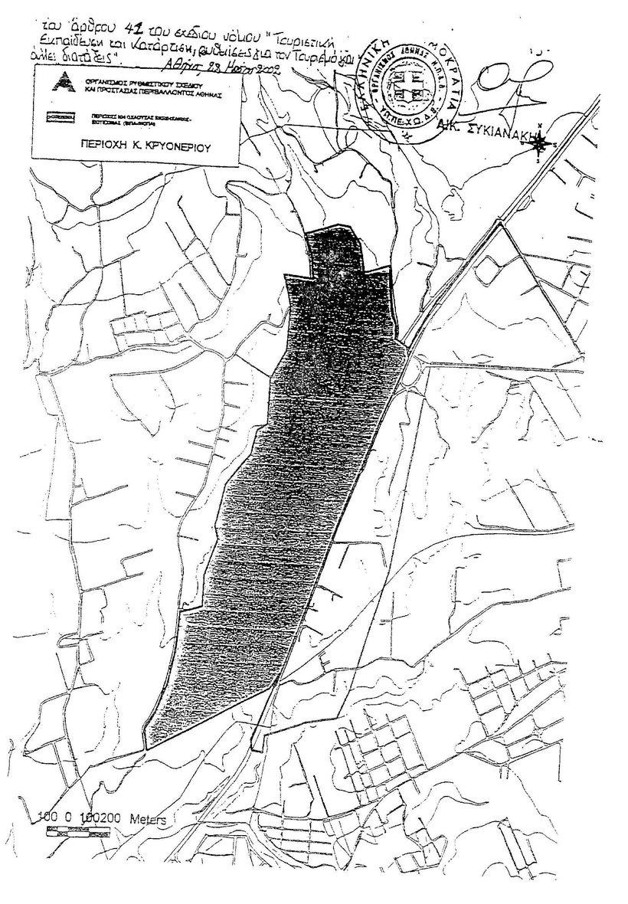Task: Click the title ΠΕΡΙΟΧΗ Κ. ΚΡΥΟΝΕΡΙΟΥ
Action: click(x=134, y=143)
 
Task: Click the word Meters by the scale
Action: click(x=147, y=818)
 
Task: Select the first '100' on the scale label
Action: click(x=48, y=818)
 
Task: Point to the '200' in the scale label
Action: click(x=112, y=818)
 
